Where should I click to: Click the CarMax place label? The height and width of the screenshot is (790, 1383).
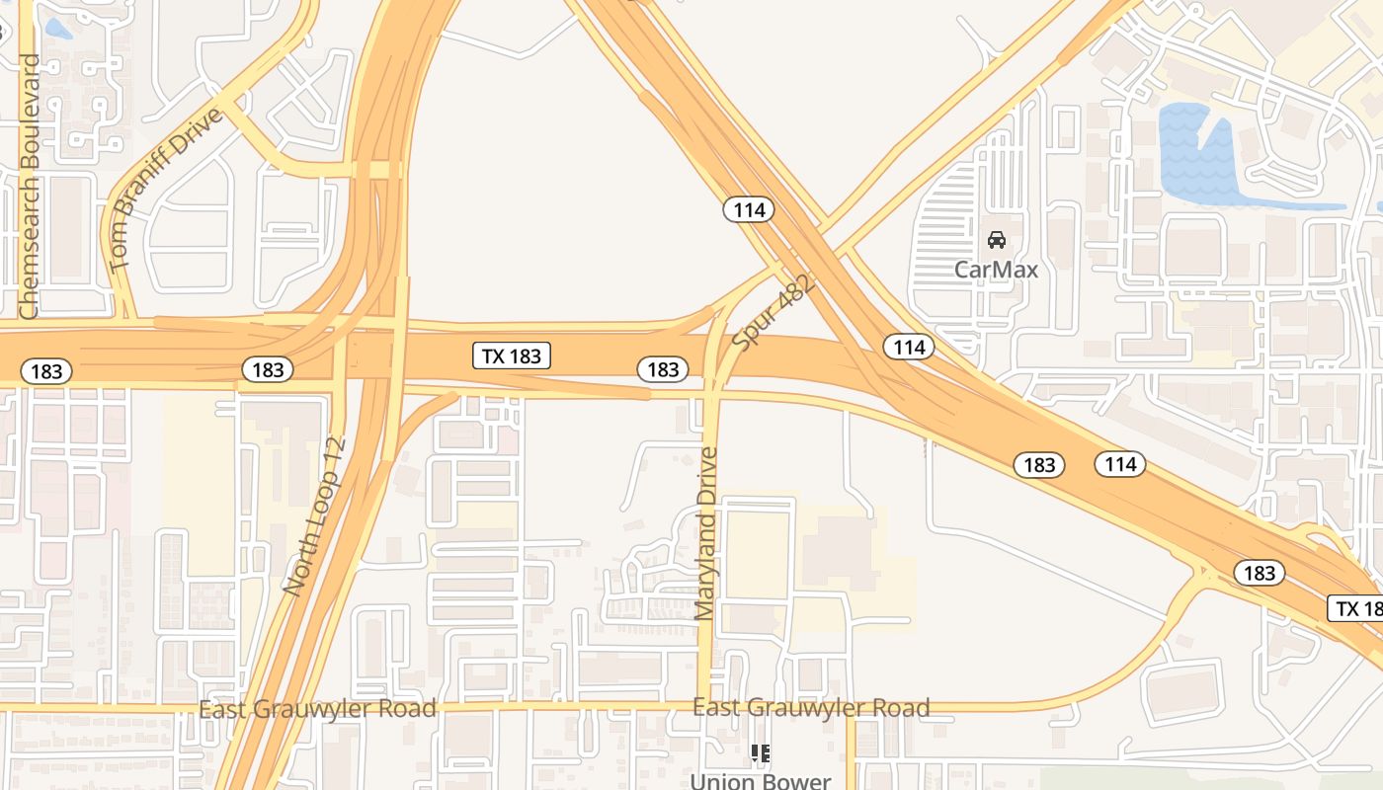(x=996, y=269)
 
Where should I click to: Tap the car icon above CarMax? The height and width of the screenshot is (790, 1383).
(x=997, y=240)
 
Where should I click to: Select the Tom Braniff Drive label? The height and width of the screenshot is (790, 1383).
(x=165, y=190)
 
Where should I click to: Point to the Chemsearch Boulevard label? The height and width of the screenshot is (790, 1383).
(x=30, y=186)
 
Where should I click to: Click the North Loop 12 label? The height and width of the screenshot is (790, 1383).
(x=313, y=516)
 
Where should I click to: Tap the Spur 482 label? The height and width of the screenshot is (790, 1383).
(x=773, y=312)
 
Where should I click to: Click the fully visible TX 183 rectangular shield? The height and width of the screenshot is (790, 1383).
(x=512, y=356)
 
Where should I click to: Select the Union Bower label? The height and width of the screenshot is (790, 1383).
(x=760, y=781)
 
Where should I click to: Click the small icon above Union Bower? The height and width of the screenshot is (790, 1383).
(x=760, y=753)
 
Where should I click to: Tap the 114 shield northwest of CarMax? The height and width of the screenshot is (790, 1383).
(x=749, y=209)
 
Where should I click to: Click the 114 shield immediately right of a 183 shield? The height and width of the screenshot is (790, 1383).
(x=1120, y=464)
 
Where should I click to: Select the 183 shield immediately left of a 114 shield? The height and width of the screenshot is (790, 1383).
(x=1039, y=465)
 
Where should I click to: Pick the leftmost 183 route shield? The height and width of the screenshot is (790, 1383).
(x=46, y=371)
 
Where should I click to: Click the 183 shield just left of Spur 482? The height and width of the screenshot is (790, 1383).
(x=662, y=369)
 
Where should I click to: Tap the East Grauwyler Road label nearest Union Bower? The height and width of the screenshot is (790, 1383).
(x=811, y=708)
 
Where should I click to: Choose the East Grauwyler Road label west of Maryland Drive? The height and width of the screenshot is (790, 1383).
(x=317, y=709)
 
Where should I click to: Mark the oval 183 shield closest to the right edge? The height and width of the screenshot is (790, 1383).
(x=1259, y=573)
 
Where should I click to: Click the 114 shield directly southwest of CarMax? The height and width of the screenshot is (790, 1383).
(x=909, y=347)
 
